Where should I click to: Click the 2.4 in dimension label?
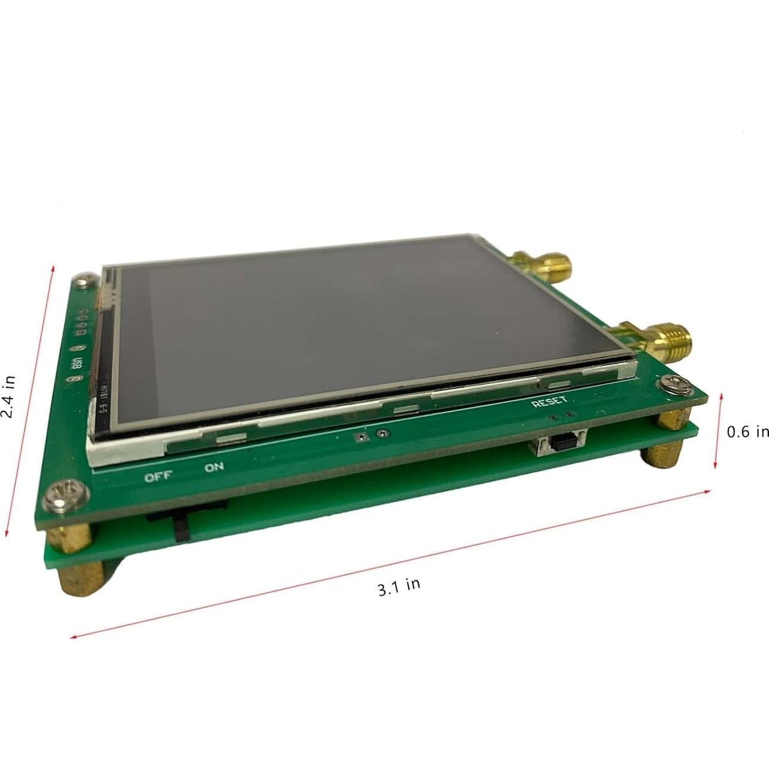pos(8,396)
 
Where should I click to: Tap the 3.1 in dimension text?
pos(399,586)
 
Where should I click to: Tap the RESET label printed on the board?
pos(549,402)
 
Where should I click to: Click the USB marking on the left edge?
pos(77,364)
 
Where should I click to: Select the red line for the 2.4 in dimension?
pos(30,401)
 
